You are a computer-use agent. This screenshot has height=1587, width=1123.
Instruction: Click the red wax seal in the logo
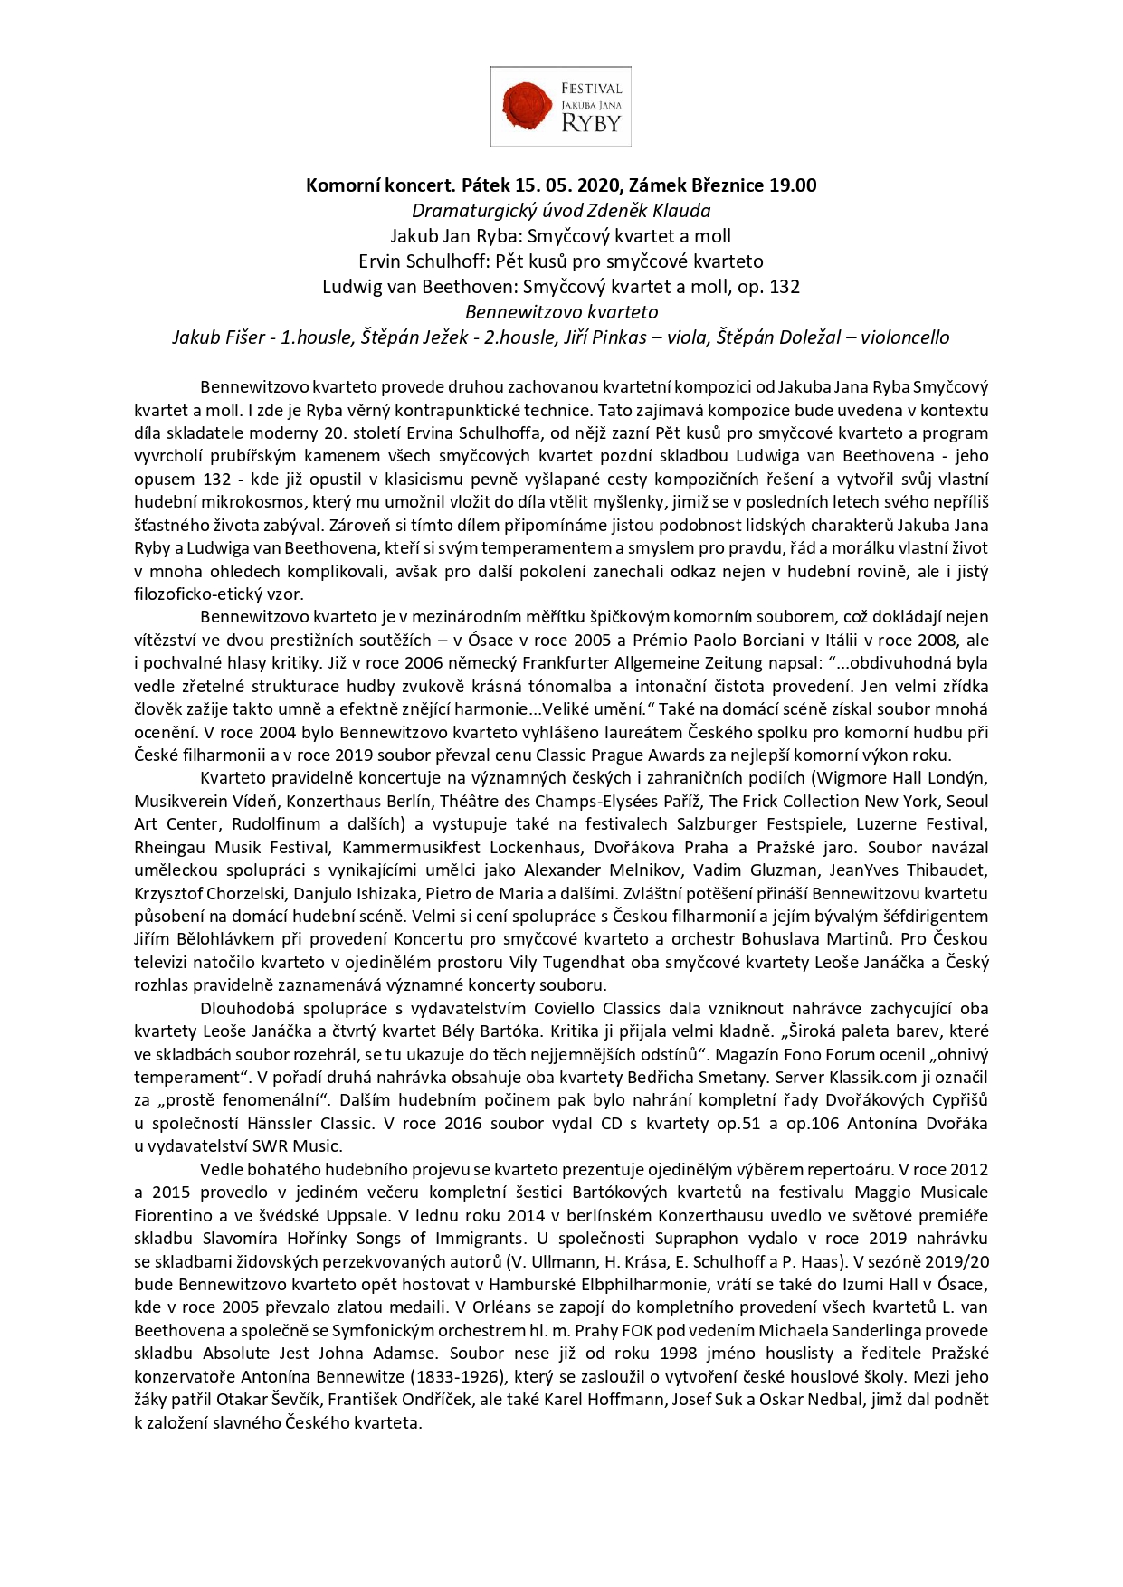point(527,105)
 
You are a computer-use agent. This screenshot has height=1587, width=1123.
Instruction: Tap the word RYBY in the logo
point(591,124)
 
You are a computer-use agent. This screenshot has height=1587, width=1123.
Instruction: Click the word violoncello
point(905,337)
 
